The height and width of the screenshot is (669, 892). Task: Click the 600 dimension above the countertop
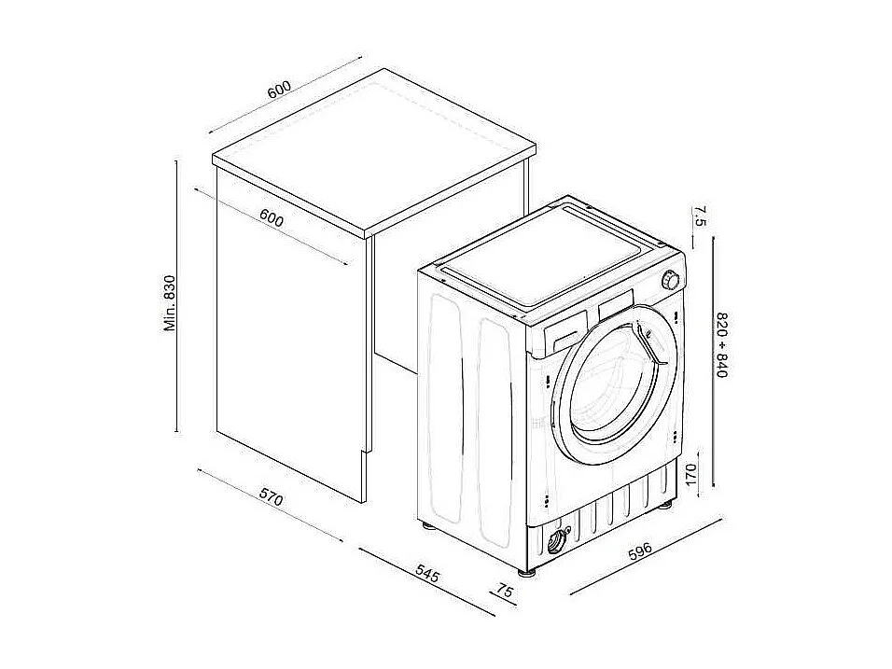279,90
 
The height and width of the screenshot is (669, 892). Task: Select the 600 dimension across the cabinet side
271,219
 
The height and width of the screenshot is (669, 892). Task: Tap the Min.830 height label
170,303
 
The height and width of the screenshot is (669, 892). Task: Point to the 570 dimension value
270,499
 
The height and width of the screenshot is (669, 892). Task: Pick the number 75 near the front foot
505,591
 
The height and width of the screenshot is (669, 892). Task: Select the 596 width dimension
641,551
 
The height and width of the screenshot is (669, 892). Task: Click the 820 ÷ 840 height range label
721,344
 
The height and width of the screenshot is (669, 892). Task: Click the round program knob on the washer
670,280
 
